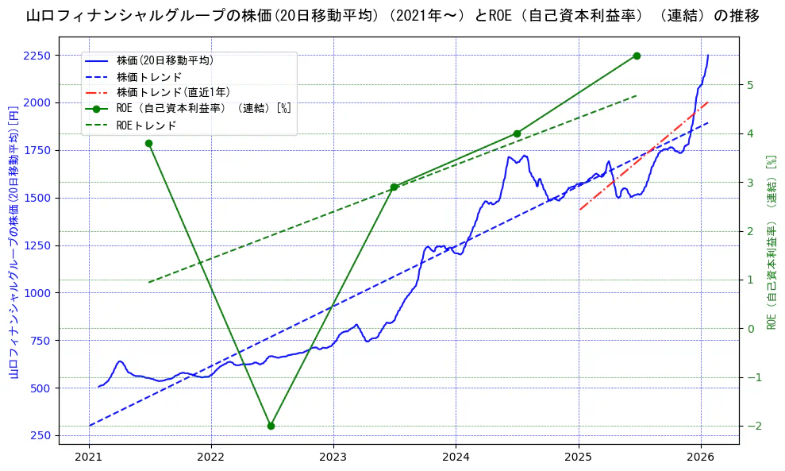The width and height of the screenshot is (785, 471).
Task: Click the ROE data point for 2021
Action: (148, 143)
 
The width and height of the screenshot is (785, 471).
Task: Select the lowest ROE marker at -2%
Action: (271, 426)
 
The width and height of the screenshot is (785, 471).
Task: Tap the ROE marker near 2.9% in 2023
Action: (394, 187)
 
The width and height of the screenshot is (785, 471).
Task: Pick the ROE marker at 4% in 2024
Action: (517, 133)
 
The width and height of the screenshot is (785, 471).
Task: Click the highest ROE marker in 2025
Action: (637, 56)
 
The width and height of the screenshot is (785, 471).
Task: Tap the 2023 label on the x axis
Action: (333, 457)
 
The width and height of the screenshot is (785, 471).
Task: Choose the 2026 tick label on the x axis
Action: (701, 457)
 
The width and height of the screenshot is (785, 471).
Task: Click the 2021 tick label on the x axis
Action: (89, 457)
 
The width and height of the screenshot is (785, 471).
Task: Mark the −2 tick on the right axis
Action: (752, 426)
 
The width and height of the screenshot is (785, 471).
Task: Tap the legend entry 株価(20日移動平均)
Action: (164, 60)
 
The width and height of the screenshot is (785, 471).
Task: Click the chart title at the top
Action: (392, 16)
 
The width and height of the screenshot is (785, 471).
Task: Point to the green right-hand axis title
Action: (771, 242)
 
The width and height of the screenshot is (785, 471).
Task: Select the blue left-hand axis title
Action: (13, 242)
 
